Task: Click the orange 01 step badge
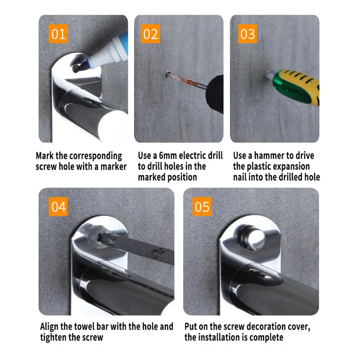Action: tap(58, 34)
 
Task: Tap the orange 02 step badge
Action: tap(150, 34)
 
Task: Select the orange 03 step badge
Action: tap(247, 34)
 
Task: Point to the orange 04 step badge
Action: tap(58, 206)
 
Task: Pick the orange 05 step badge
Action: tap(202, 206)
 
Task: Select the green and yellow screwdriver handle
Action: tap(296, 87)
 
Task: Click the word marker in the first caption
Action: tap(114, 166)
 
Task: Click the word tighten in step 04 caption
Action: tap(53, 338)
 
